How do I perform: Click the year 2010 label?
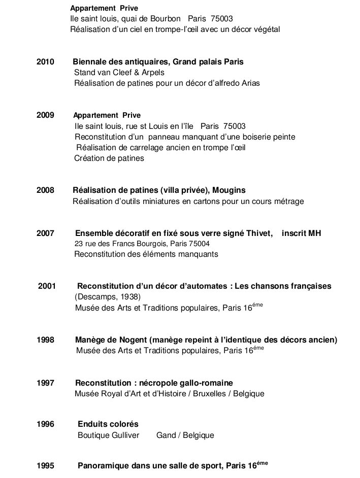(x=46, y=62)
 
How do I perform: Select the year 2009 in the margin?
(x=46, y=115)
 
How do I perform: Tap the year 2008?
(x=46, y=190)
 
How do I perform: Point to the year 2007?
(x=46, y=233)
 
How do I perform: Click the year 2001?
(x=47, y=286)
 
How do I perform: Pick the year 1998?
(x=46, y=339)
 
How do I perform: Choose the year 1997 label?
(x=46, y=383)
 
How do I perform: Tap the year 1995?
(x=46, y=466)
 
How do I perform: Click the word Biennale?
(x=89, y=62)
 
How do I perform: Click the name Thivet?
(x=257, y=233)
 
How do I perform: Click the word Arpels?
(x=152, y=73)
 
